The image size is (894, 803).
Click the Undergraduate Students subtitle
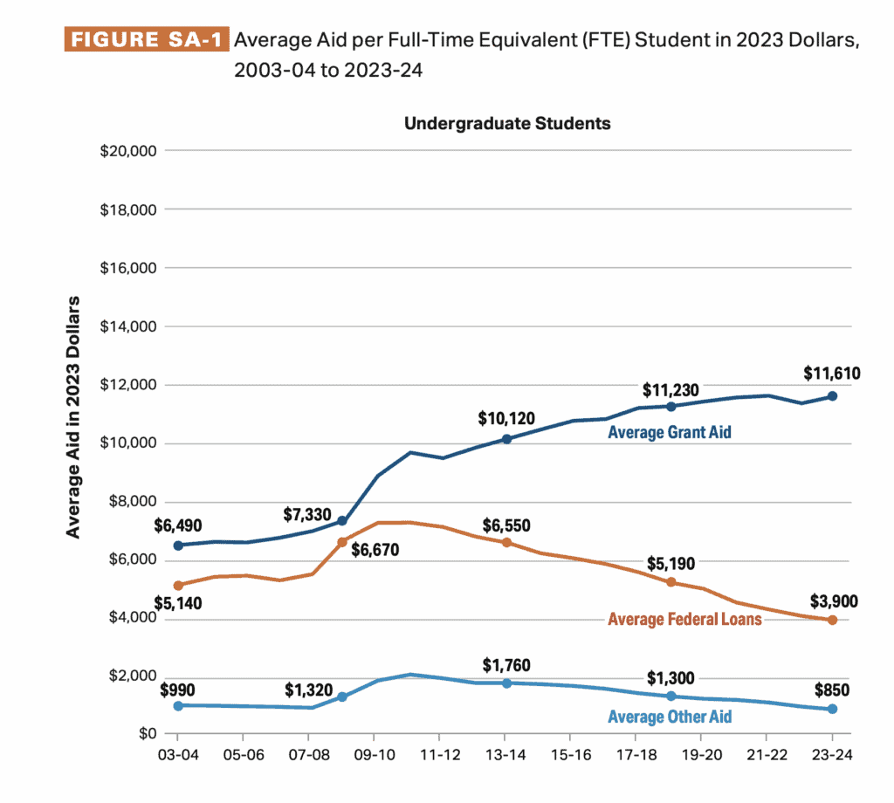pos(507,123)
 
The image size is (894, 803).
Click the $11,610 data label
pos(831,374)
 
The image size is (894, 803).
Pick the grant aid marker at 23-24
pos(832,396)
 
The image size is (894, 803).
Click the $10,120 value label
pos(506,417)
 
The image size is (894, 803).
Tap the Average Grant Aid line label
pos(669,432)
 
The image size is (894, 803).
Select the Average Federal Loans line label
pos(684,619)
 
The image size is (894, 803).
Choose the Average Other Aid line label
pos(669,717)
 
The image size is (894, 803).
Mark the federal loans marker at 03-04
pos(179,586)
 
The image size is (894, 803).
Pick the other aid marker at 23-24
pos(832,709)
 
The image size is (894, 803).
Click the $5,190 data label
pos(670,564)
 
